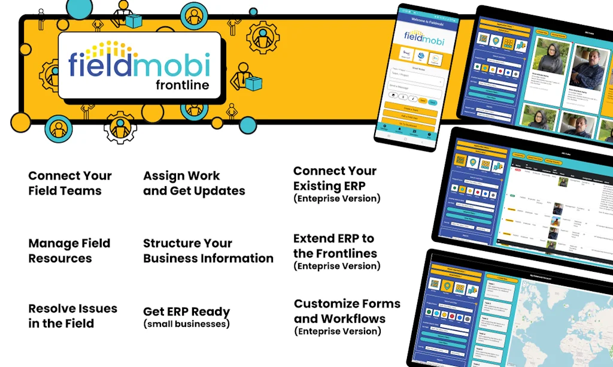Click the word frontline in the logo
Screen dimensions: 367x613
182,84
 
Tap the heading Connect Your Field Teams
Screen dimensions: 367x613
69,183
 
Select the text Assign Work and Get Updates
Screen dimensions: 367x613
193,183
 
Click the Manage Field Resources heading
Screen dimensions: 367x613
69,251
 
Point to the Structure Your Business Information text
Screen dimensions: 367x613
208,251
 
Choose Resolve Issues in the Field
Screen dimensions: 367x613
72,316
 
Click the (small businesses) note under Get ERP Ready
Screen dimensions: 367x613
186,324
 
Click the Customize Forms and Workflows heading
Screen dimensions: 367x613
347,311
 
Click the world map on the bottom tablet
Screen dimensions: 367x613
557,323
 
